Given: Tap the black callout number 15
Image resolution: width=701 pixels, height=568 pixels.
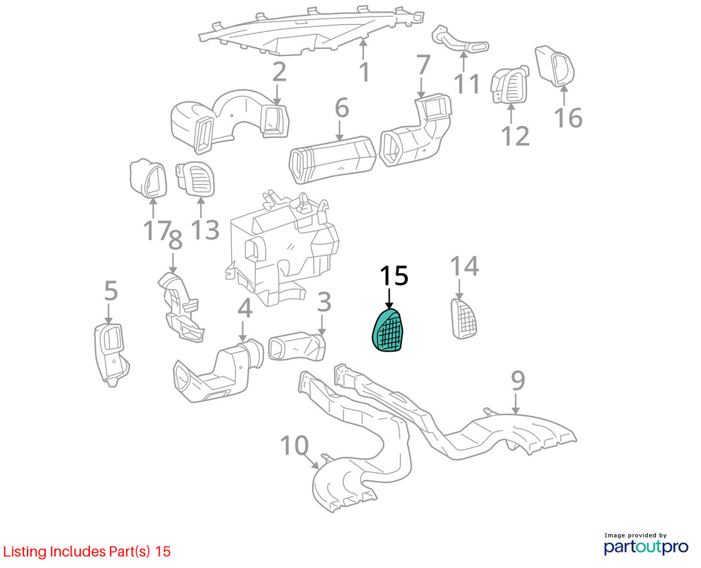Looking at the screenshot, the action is [x=394, y=276].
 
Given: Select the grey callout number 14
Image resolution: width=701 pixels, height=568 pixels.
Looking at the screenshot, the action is [x=464, y=266].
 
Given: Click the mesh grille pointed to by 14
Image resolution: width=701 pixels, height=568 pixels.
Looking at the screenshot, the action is [x=464, y=318].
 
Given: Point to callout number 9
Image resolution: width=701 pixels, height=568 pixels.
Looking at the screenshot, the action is [x=518, y=381].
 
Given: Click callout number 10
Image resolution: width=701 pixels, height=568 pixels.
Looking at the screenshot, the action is [x=294, y=446].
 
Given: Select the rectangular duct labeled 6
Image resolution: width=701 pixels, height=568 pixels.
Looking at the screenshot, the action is [x=332, y=159].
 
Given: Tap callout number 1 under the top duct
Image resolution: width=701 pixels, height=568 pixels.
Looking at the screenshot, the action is [x=365, y=72].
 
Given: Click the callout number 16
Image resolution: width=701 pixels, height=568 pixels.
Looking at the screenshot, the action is [x=568, y=117].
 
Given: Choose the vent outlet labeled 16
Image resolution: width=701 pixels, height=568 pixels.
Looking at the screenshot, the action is [x=554, y=66].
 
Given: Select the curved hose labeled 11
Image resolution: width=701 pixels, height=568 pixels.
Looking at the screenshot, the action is [x=460, y=39].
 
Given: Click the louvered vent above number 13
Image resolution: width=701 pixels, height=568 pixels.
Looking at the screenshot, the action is [x=196, y=179].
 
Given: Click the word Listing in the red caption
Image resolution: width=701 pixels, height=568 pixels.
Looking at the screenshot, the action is [x=25, y=552].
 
